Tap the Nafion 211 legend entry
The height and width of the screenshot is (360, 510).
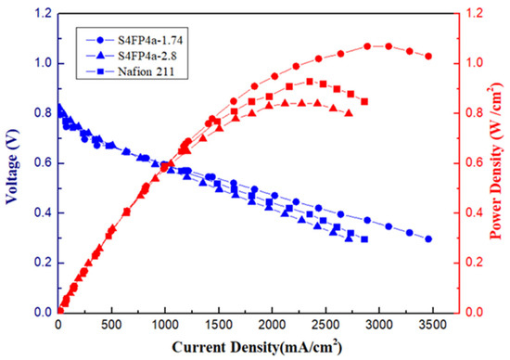[x=130, y=71]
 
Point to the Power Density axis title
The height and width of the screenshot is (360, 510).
[x=496, y=161]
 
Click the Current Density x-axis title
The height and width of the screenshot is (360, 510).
[x=257, y=347]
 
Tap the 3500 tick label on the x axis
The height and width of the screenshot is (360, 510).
[x=432, y=325]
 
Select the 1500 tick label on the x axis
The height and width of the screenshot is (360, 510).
[x=219, y=325]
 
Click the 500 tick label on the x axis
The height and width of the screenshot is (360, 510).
[x=111, y=325]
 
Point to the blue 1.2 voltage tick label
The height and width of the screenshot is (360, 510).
[x=43, y=14]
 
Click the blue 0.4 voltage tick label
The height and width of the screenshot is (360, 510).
[x=43, y=212]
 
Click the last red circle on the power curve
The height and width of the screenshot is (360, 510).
[x=428, y=57]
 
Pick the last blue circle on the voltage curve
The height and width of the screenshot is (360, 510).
[x=428, y=238]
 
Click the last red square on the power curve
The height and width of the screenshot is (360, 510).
[x=364, y=102]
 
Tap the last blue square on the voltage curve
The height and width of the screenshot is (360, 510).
[x=364, y=239]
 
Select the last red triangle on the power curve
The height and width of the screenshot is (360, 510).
[x=349, y=113]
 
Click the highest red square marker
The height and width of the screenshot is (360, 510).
[x=310, y=82]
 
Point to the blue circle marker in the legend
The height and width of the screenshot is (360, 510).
[x=101, y=41]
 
